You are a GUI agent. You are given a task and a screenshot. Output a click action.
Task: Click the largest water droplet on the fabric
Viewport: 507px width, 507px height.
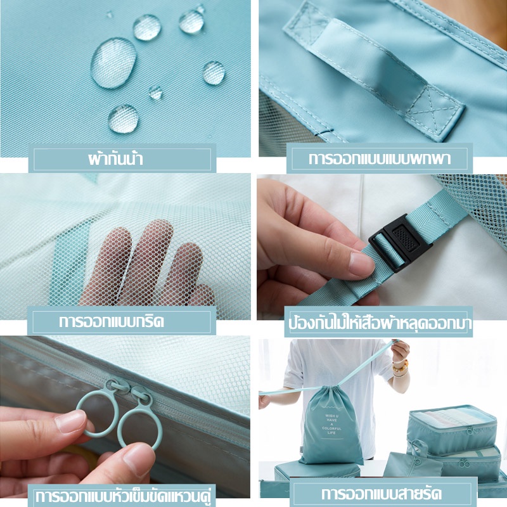tap(113, 63)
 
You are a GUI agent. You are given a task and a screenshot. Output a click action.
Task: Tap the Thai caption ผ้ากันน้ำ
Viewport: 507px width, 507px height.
tap(115, 159)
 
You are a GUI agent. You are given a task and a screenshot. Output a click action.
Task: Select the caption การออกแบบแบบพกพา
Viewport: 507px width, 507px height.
tap(379, 159)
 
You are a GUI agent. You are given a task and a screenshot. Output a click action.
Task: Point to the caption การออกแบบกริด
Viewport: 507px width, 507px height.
tap(112, 321)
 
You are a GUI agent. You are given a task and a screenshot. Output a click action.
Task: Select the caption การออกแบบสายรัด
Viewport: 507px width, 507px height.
tap(382, 494)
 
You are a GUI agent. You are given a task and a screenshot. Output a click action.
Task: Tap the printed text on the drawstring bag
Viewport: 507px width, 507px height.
tap(331, 424)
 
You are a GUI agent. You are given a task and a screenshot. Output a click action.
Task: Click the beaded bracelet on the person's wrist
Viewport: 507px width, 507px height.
tap(401, 366)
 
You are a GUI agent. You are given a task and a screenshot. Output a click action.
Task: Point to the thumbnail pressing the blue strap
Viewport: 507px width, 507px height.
tap(361, 263)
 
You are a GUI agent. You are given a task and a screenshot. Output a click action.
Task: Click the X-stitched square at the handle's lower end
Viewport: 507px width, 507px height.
tap(435, 110)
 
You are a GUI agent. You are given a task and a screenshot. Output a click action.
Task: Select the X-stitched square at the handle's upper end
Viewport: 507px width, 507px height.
tap(307, 23)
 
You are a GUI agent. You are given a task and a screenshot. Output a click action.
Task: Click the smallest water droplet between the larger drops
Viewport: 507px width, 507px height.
tap(156, 92)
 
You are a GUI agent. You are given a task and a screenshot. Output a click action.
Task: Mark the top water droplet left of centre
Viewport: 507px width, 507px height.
tap(147, 27)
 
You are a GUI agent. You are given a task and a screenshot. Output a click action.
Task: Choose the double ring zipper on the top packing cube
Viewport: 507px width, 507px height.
tap(470, 431)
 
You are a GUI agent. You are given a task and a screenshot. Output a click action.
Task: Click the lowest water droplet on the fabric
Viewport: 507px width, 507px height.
tap(124, 119)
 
